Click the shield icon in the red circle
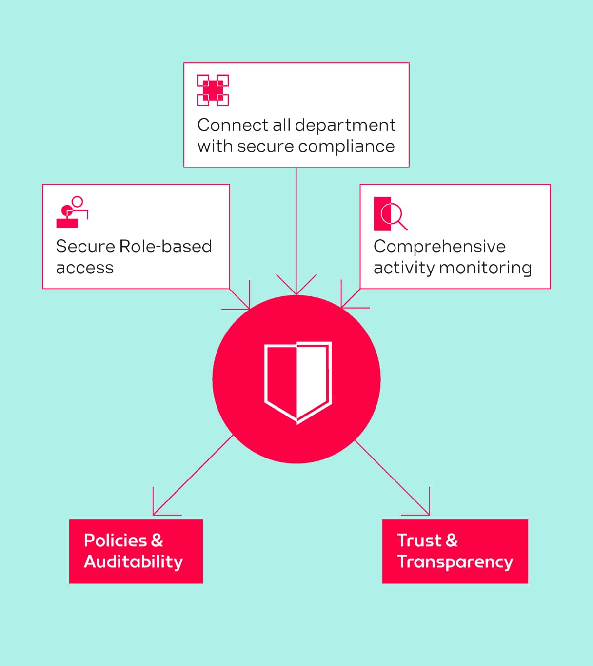[297, 381]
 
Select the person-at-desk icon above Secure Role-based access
[72, 212]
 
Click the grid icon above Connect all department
[213, 90]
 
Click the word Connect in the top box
[233, 125]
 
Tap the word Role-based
[165, 247]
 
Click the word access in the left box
[85, 268]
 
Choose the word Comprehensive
[439, 247]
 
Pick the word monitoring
[485, 268]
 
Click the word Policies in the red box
[115, 541]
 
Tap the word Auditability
[133, 562]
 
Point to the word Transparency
[455, 562]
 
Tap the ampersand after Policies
[157, 541]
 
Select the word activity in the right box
[404, 268]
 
